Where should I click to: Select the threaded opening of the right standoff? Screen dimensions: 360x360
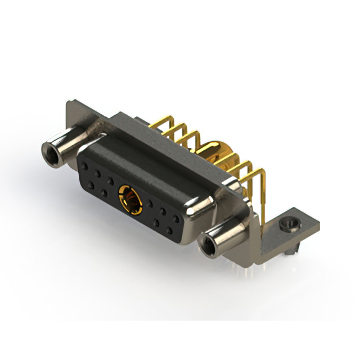pos(208,245)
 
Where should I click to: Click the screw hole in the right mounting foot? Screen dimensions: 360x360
pos(290,226)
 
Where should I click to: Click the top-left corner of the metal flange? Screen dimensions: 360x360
pos(68,103)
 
